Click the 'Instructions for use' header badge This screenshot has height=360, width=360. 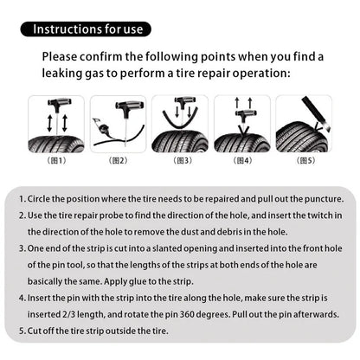pos(87,29)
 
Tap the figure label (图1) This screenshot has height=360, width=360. pos(56,161)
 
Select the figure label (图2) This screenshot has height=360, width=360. pos(119,161)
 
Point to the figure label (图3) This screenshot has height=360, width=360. pos(180,161)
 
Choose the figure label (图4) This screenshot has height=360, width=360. pos(242,161)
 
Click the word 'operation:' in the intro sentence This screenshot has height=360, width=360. pos(263,74)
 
